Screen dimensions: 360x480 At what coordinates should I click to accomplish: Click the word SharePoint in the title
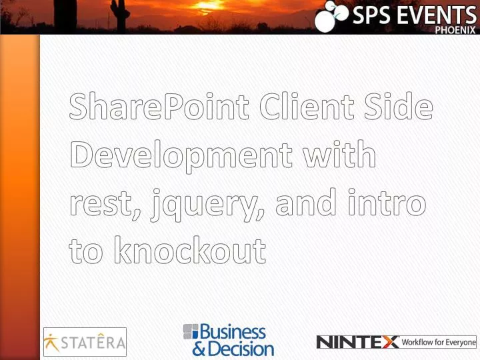159,107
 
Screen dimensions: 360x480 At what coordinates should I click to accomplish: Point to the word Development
180,156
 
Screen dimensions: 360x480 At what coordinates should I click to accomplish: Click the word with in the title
340,155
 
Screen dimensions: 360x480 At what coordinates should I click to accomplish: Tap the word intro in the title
386,203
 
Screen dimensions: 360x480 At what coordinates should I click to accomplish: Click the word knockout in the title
189,251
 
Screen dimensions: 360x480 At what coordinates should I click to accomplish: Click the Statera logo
85,343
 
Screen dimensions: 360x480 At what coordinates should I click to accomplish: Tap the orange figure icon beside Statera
51,343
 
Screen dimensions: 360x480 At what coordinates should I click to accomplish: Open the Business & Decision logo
229,340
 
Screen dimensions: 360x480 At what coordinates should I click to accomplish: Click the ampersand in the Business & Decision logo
199,349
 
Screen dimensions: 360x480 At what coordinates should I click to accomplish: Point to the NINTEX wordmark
357,343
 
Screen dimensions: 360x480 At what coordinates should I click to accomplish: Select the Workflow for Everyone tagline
439,343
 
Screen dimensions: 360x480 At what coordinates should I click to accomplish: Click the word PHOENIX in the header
456,29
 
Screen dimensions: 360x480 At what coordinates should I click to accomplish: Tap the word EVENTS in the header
433,15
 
